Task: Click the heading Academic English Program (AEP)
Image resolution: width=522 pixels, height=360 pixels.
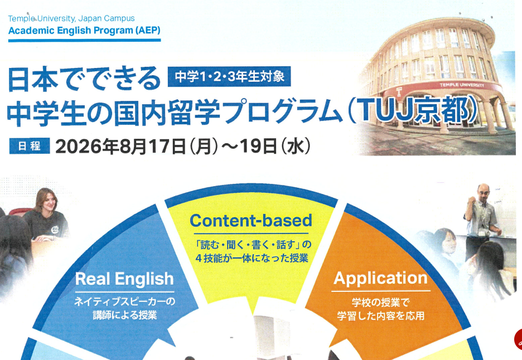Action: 84,30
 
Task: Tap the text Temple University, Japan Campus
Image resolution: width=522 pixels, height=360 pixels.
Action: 71,18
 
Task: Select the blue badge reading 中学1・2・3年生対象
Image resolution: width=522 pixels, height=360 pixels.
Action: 230,76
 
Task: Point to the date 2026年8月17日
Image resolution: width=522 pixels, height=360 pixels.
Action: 120,146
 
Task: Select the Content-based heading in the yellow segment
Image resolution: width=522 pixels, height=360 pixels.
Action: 250,221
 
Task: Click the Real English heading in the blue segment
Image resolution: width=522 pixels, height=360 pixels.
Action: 124,279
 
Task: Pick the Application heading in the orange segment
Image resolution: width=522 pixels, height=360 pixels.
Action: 380,278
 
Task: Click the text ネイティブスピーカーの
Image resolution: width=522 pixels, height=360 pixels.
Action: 125,301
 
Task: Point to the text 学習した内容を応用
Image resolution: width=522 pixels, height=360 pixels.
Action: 380,316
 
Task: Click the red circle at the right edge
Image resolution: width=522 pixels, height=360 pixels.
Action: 518,338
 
